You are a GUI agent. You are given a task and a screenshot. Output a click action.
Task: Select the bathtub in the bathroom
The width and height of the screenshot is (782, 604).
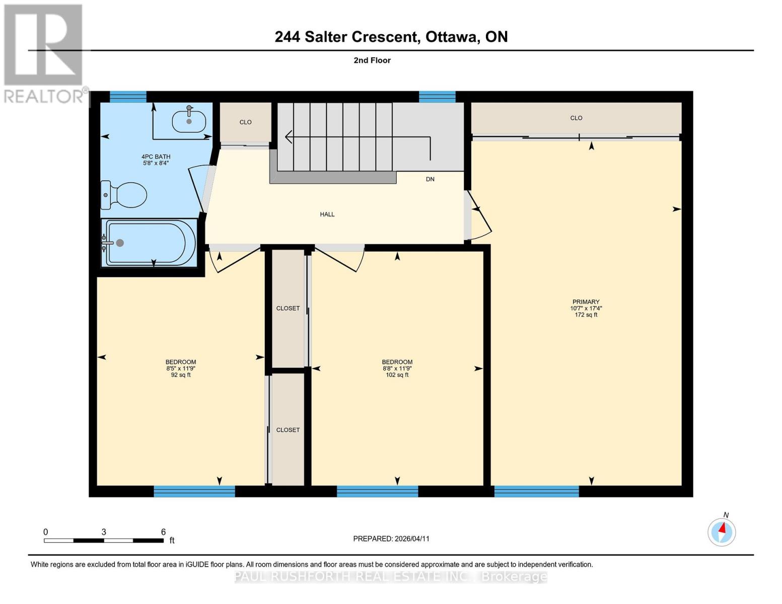(x=149, y=243)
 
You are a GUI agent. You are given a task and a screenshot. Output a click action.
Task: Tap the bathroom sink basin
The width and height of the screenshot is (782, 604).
(x=189, y=121)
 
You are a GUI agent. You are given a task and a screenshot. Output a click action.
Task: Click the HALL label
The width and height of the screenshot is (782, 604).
(x=327, y=214)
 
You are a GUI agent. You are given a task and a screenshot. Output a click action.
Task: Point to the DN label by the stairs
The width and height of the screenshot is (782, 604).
(x=430, y=179)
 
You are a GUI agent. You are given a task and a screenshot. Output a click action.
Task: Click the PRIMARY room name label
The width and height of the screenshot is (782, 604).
(x=586, y=302)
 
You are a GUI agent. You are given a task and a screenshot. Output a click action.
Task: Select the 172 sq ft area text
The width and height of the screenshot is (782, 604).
(x=586, y=315)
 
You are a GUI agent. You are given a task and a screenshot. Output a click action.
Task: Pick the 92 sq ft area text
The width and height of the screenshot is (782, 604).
(x=181, y=375)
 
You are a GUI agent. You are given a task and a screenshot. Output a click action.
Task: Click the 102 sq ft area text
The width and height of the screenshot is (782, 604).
(x=397, y=375)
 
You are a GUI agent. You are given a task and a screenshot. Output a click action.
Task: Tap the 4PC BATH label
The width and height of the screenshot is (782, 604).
(x=156, y=157)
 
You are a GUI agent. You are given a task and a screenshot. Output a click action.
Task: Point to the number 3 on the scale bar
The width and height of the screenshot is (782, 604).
(x=104, y=532)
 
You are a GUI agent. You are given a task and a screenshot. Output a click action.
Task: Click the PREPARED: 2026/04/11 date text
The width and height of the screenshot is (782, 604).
(x=391, y=539)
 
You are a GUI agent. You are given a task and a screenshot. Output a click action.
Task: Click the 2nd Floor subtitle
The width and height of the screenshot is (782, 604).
(x=372, y=60)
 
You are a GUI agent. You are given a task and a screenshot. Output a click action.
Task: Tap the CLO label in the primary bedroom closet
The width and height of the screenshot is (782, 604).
(x=576, y=118)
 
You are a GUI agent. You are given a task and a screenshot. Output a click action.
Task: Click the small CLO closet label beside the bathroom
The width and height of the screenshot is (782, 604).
(x=246, y=122)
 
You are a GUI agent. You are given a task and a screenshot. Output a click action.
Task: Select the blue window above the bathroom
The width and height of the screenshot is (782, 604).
(x=128, y=97)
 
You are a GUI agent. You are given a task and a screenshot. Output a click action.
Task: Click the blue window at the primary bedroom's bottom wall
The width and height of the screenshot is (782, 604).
(x=536, y=491)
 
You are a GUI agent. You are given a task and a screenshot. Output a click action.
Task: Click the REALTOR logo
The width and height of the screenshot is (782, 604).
(x=44, y=53)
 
